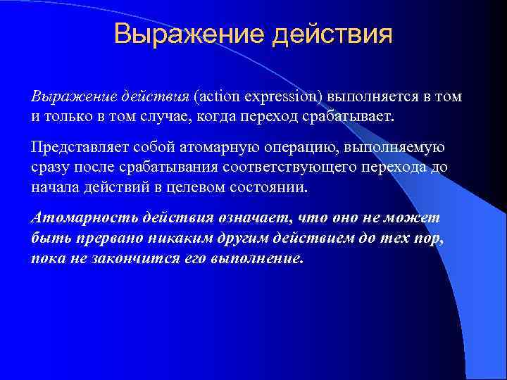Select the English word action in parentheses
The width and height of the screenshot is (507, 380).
[x=220, y=96]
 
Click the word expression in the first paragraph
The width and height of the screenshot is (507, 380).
[x=280, y=96]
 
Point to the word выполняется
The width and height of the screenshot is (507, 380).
[x=359, y=96]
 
